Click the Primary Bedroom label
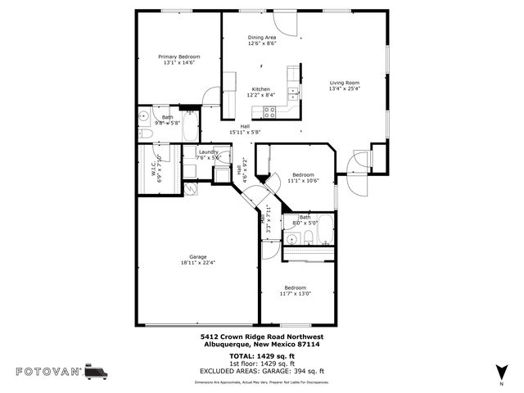coord(178,56)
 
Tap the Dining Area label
coord(262,38)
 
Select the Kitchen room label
coord(261,89)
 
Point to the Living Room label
coord(345,83)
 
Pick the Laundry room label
coord(207,151)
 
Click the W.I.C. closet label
coord(152,169)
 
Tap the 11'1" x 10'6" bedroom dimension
coord(304,181)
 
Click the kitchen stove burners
coord(291,79)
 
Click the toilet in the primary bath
coord(145,133)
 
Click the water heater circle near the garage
coord(191,187)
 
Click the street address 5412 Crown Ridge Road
coord(262,337)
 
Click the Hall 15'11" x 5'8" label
coord(245,129)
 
